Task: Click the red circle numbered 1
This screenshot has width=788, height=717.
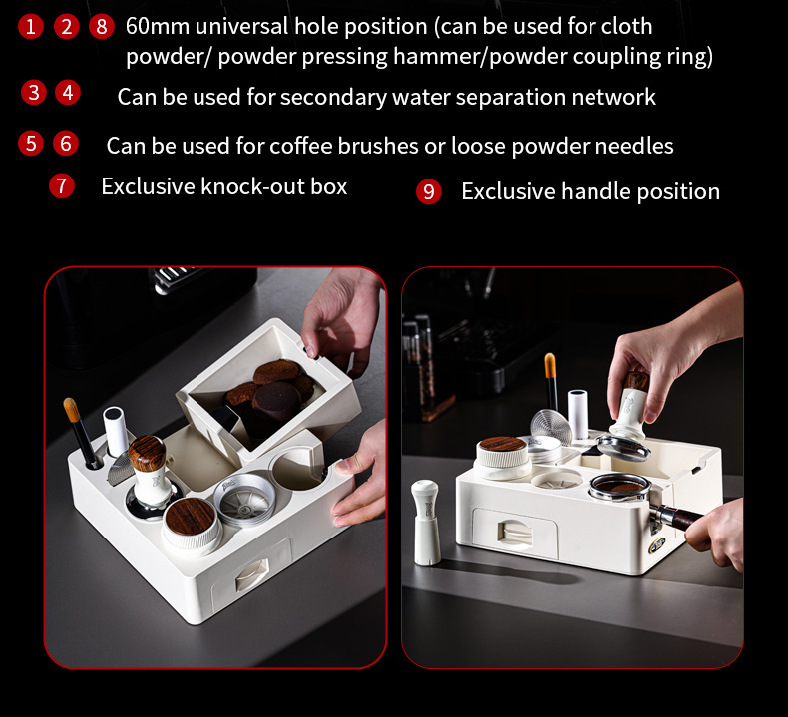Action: pyautogui.click(x=31, y=26)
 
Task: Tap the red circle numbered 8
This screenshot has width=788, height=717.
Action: pyautogui.click(x=102, y=26)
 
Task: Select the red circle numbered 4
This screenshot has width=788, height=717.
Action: pyautogui.click(x=68, y=93)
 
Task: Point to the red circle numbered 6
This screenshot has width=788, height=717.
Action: pyautogui.click(x=66, y=144)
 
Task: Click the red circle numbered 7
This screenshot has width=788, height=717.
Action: pyautogui.click(x=62, y=185)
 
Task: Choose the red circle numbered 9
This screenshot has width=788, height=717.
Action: pyautogui.click(x=429, y=191)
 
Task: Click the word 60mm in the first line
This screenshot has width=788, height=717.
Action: pyautogui.click(x=158, y=26)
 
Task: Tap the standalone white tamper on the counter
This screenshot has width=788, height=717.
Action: pyautogui.click(x=425, y=523)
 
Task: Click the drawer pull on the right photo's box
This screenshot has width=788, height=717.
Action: pyautogui.click(x=514, y=533)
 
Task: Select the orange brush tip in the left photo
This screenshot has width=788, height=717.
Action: pyautogui.click(x=72, y=410)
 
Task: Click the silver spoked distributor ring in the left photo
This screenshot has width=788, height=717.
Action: pyautogui.click(x=244, y=500)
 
